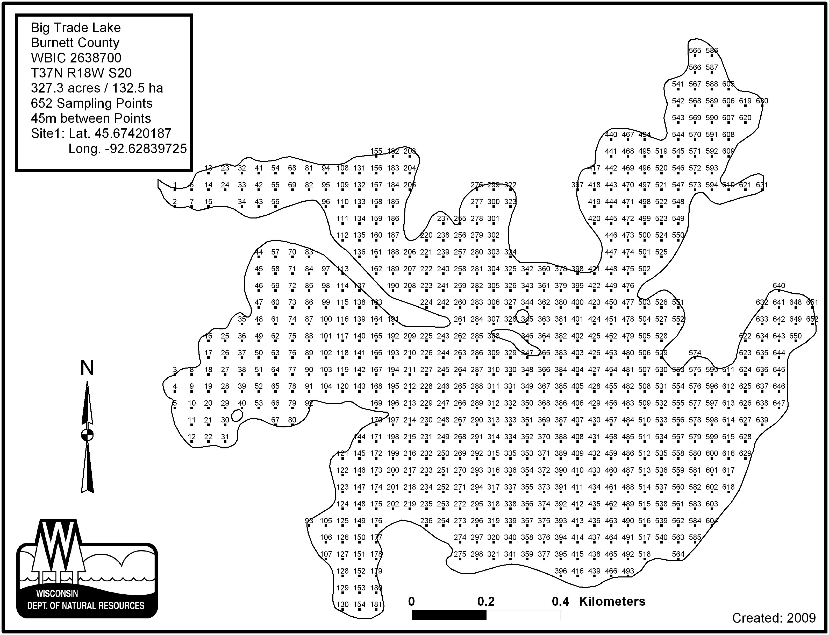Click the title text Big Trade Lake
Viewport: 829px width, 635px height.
(76, 27)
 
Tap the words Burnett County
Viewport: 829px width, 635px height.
(75, 43)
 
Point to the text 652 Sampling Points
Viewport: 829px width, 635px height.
(92, 103)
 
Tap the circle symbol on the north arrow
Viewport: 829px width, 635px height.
(87, 435)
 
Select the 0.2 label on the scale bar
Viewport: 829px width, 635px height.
(486, 601)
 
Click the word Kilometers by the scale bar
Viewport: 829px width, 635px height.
(612, 601)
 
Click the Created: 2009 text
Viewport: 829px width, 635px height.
(774, 618)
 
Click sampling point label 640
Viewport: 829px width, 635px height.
(779, 286)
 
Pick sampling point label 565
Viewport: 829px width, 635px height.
(695, 51)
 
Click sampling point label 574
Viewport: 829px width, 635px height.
(695, 353)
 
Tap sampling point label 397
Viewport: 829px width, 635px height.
(577, 185)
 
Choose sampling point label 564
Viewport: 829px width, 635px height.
(678, 554)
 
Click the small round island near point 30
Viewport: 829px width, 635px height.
(237, 416)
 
